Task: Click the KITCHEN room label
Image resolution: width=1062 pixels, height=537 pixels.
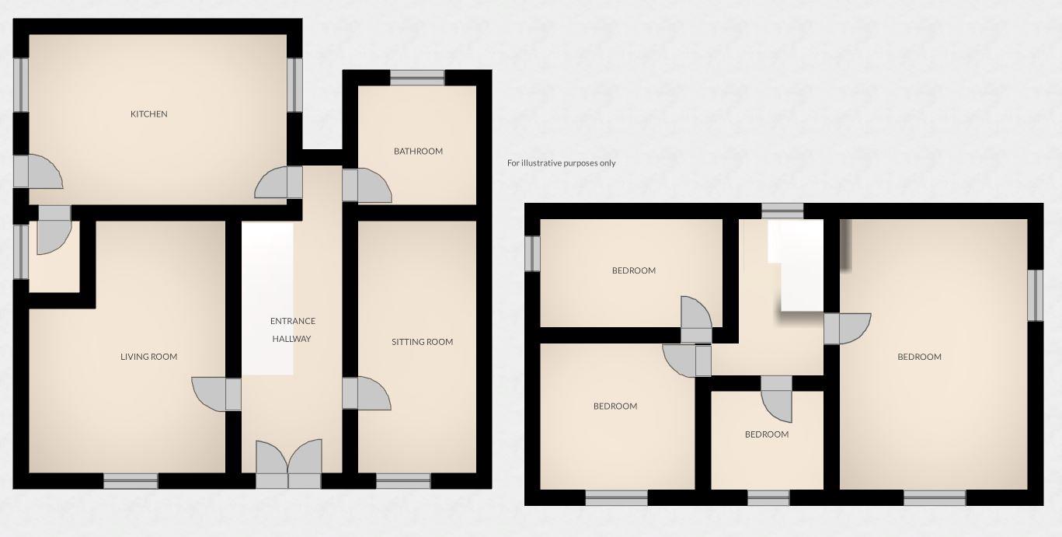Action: [148, 114]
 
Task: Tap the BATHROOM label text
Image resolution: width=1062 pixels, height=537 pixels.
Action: [418, 152]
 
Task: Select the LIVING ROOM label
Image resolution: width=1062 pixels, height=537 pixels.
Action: [148, 357]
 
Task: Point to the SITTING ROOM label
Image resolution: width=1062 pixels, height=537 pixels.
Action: [422, 342]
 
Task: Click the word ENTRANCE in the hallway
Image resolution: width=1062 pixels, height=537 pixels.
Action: [292, 321]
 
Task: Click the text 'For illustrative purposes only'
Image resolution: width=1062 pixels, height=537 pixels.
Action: [561, 163]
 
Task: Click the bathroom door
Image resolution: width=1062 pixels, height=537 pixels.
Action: [365, 186]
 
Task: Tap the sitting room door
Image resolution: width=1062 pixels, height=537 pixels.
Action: [366, 393]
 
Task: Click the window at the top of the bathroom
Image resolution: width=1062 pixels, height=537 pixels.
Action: [417, 77]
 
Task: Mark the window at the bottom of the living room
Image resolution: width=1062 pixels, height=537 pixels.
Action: [131, 481]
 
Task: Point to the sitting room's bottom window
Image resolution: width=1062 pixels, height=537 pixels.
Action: [403, 481]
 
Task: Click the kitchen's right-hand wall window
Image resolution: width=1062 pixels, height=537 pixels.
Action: [294, 85]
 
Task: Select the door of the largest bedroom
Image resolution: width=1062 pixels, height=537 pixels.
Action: [847, 328]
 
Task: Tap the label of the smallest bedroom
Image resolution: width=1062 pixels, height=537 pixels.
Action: [767, 434]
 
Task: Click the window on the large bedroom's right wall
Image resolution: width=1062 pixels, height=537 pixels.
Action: [1035, 295]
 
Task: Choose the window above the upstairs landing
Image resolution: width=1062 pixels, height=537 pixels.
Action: [782, 211]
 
